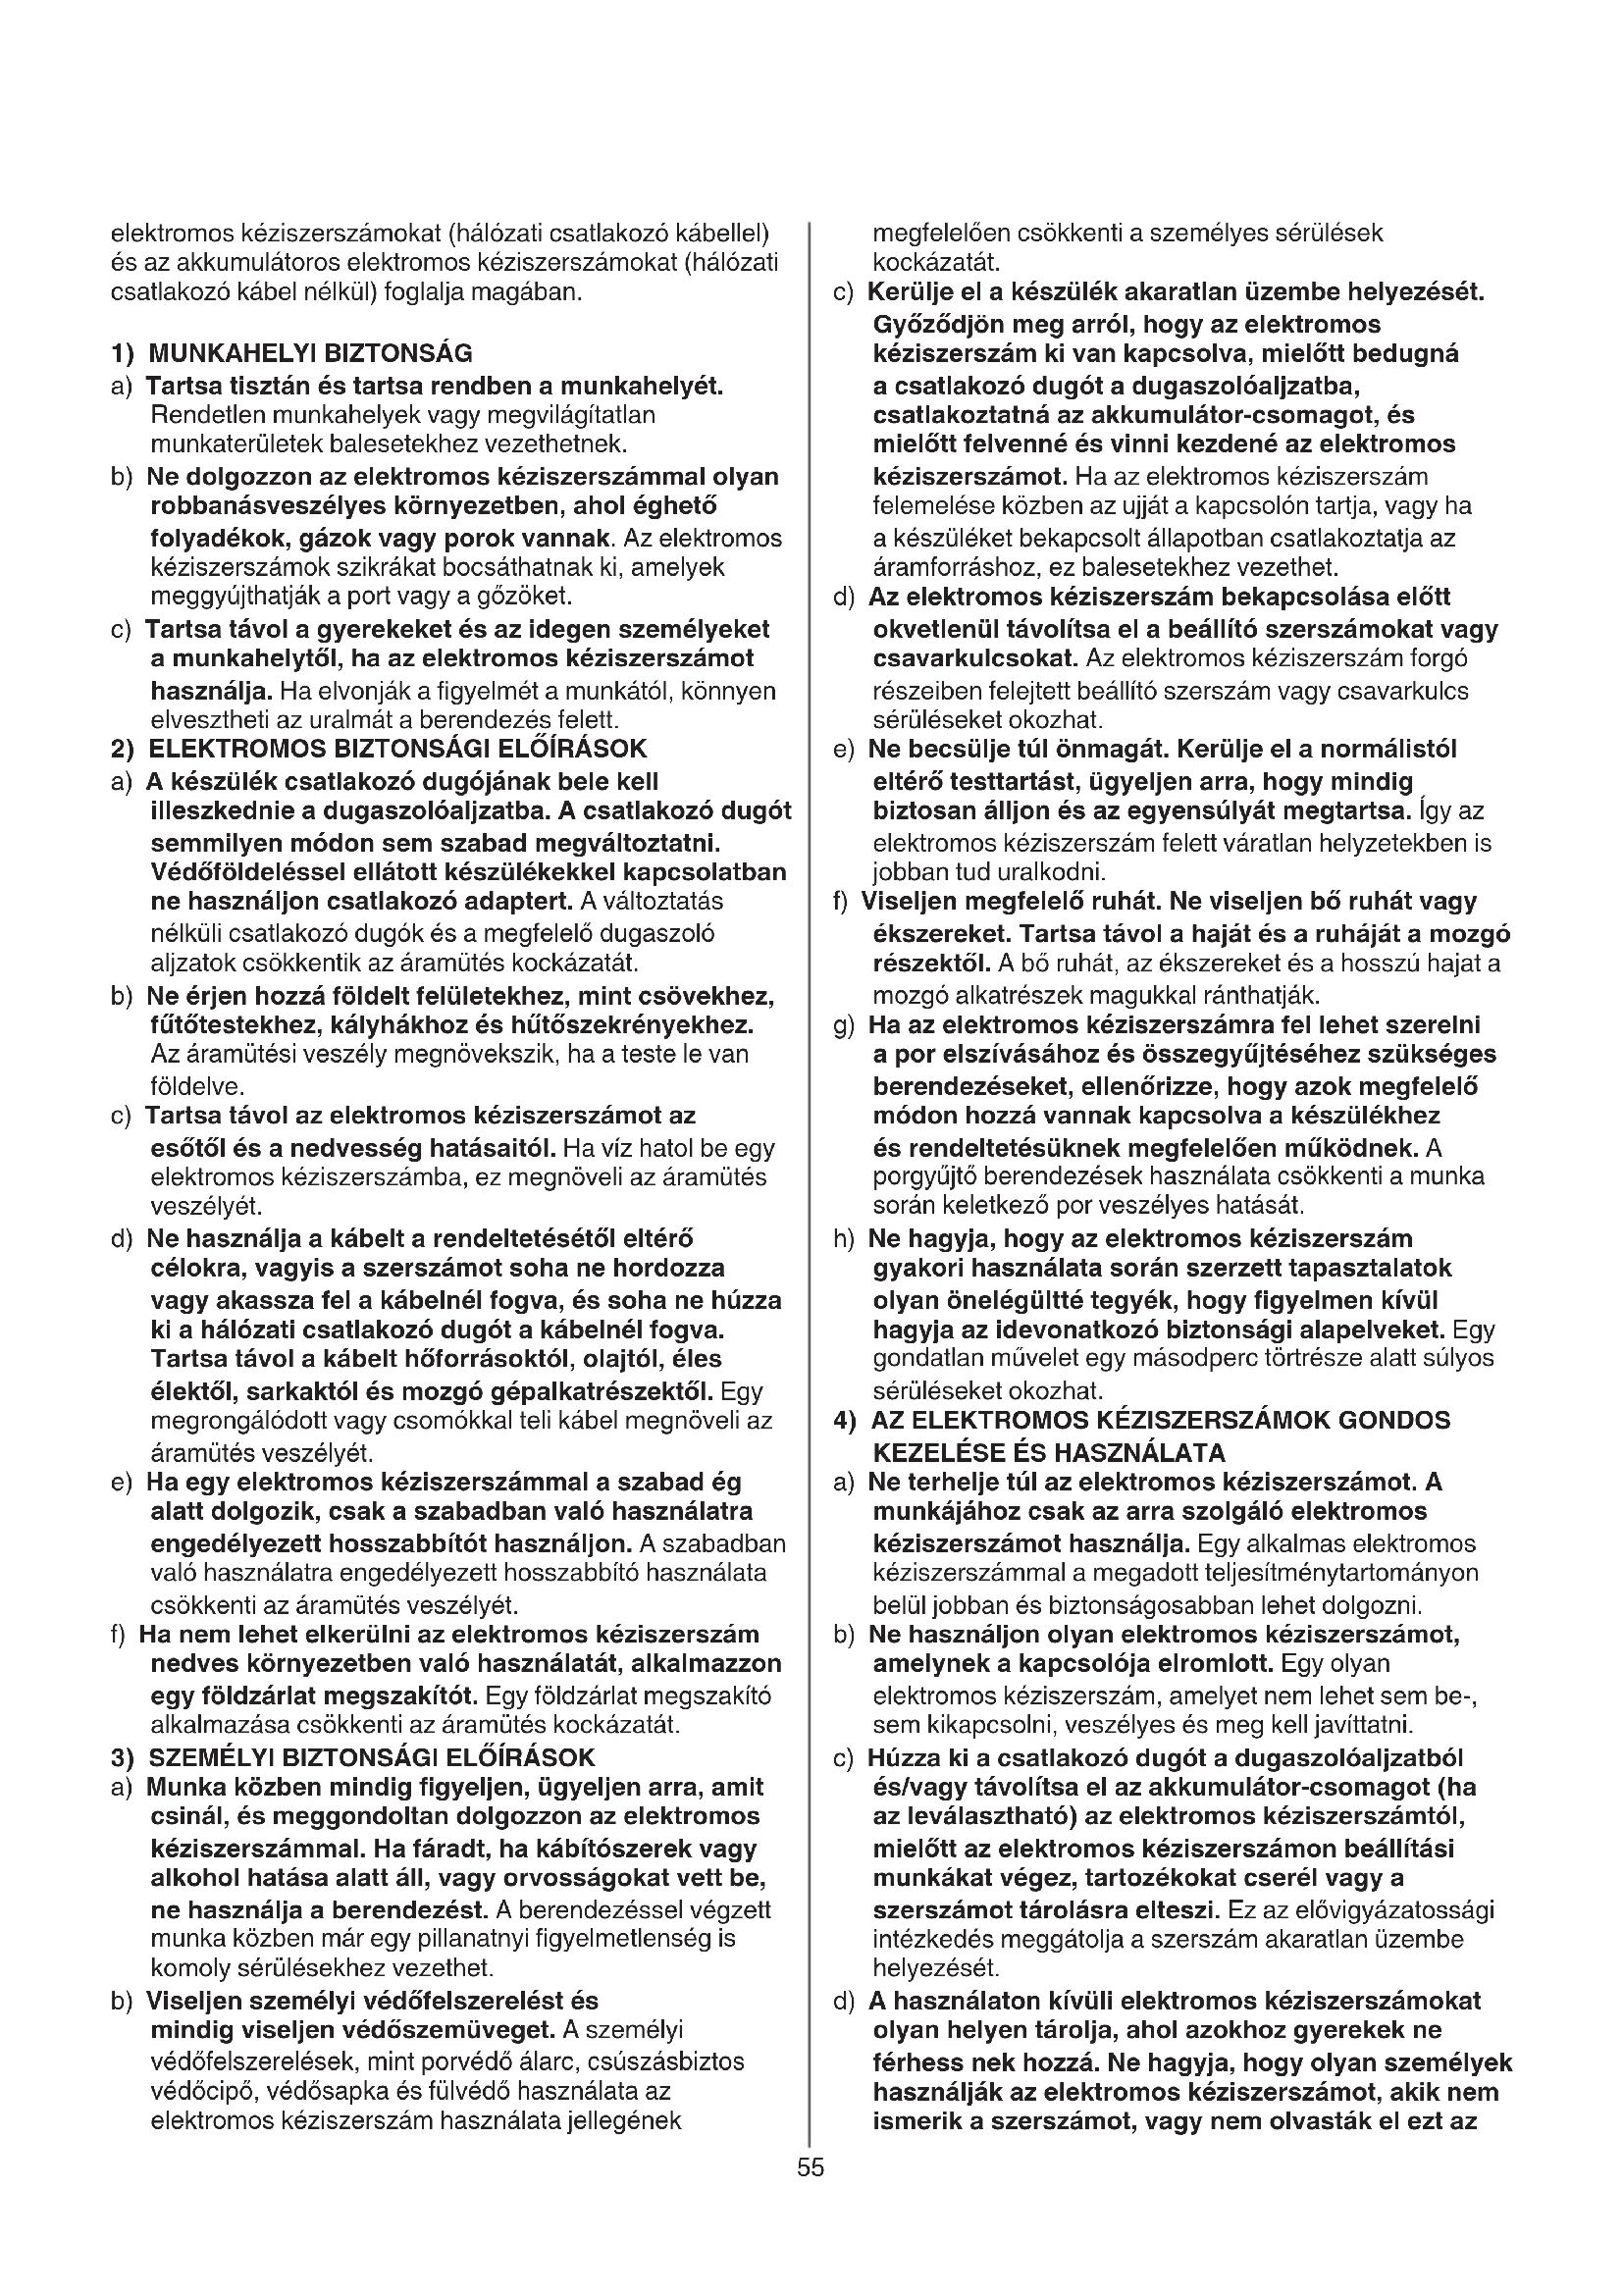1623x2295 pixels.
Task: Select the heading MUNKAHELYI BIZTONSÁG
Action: click(x=310, y=353)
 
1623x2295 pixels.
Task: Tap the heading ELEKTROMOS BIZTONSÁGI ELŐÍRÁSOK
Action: click(x=397, y=749)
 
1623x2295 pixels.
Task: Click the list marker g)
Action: click(x=844, y=1025)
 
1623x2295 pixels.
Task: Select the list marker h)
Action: click(x=844, y=1239)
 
